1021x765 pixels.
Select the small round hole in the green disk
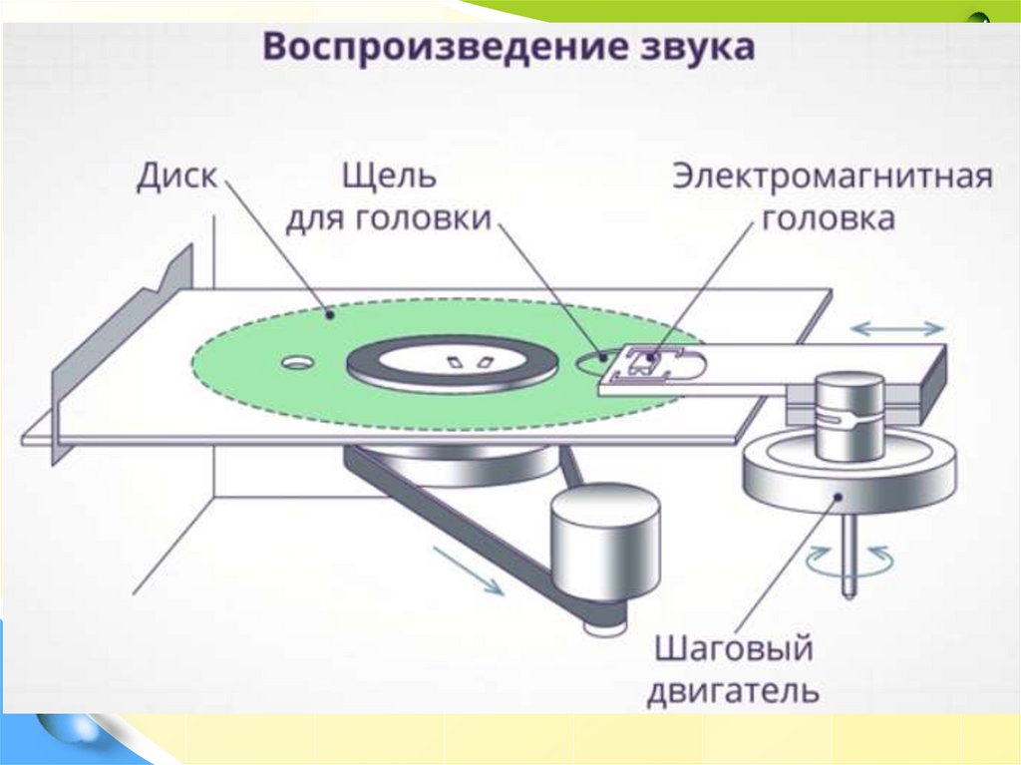(x=296, y=362)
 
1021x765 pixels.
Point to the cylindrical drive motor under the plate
(x=605, y=544)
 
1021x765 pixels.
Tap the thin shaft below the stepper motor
(x=848, y=559)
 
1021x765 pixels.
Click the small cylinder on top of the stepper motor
(x=848, y=414)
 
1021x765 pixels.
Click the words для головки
(x=389, y=219)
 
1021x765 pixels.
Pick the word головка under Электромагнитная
(x=829, y=219)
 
